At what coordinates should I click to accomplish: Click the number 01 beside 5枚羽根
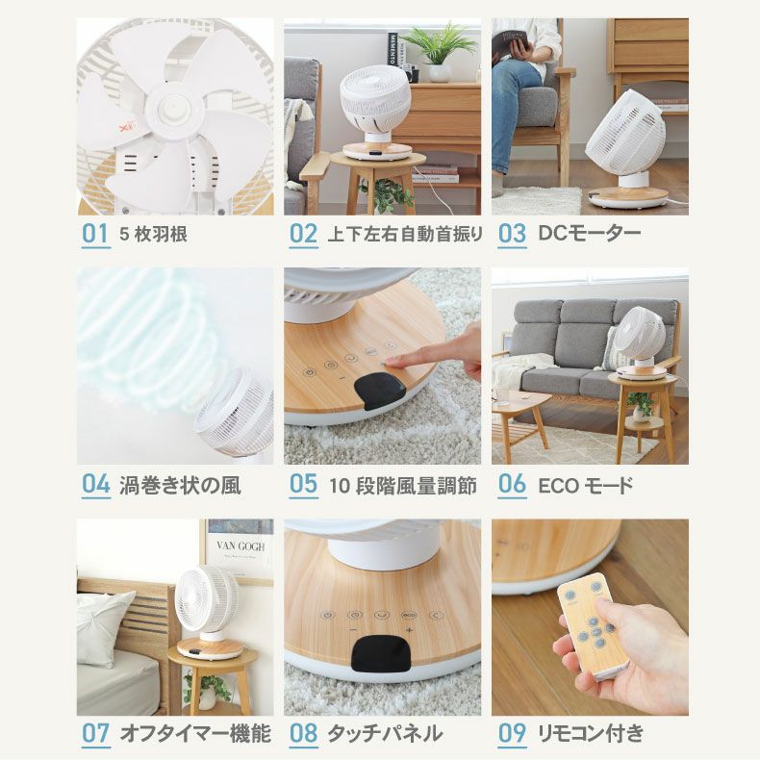pos(95,234)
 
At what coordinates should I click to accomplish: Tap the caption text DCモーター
pos(589,234)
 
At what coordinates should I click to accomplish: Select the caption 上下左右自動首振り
pos(405,234)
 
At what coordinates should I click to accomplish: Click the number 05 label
pos(303,484)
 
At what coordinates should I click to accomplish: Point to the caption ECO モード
pos(586,485)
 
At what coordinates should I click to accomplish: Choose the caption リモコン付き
pos(591,733)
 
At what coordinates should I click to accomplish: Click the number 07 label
pos(95,733)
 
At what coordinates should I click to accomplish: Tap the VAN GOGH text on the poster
pos(241,546)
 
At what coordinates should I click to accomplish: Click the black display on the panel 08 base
pos(382,653)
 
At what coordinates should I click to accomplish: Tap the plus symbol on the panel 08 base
pos(409,630)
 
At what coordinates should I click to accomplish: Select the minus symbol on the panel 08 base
pos(353,630)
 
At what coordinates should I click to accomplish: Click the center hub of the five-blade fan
pos(172,109)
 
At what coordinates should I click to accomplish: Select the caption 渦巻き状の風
pos(180,485)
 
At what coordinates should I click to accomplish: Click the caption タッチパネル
pos(385,733)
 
